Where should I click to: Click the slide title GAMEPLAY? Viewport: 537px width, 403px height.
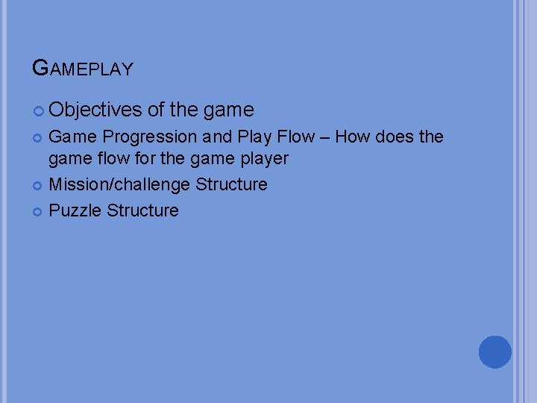click(83, 69)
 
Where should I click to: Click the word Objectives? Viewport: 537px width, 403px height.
click(95, 110)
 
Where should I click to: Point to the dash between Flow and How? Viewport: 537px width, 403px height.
click(324, 137)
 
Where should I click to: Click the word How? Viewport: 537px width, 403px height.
click(352, 137)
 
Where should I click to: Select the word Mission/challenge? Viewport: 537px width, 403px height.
click(119, 184)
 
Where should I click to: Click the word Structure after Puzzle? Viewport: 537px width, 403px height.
click(142, 210)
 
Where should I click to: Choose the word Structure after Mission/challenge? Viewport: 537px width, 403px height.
click(231, 184)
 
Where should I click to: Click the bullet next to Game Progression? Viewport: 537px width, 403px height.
click(39, 138)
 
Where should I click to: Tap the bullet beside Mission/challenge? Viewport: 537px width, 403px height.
click(39, 185)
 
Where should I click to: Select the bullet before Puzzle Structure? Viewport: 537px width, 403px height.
click(39, 211)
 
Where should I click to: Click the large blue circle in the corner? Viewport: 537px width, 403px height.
click(494, 352)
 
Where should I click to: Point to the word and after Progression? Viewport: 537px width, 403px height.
click(217, 137)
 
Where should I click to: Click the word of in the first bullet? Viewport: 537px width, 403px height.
click(156, 110)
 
